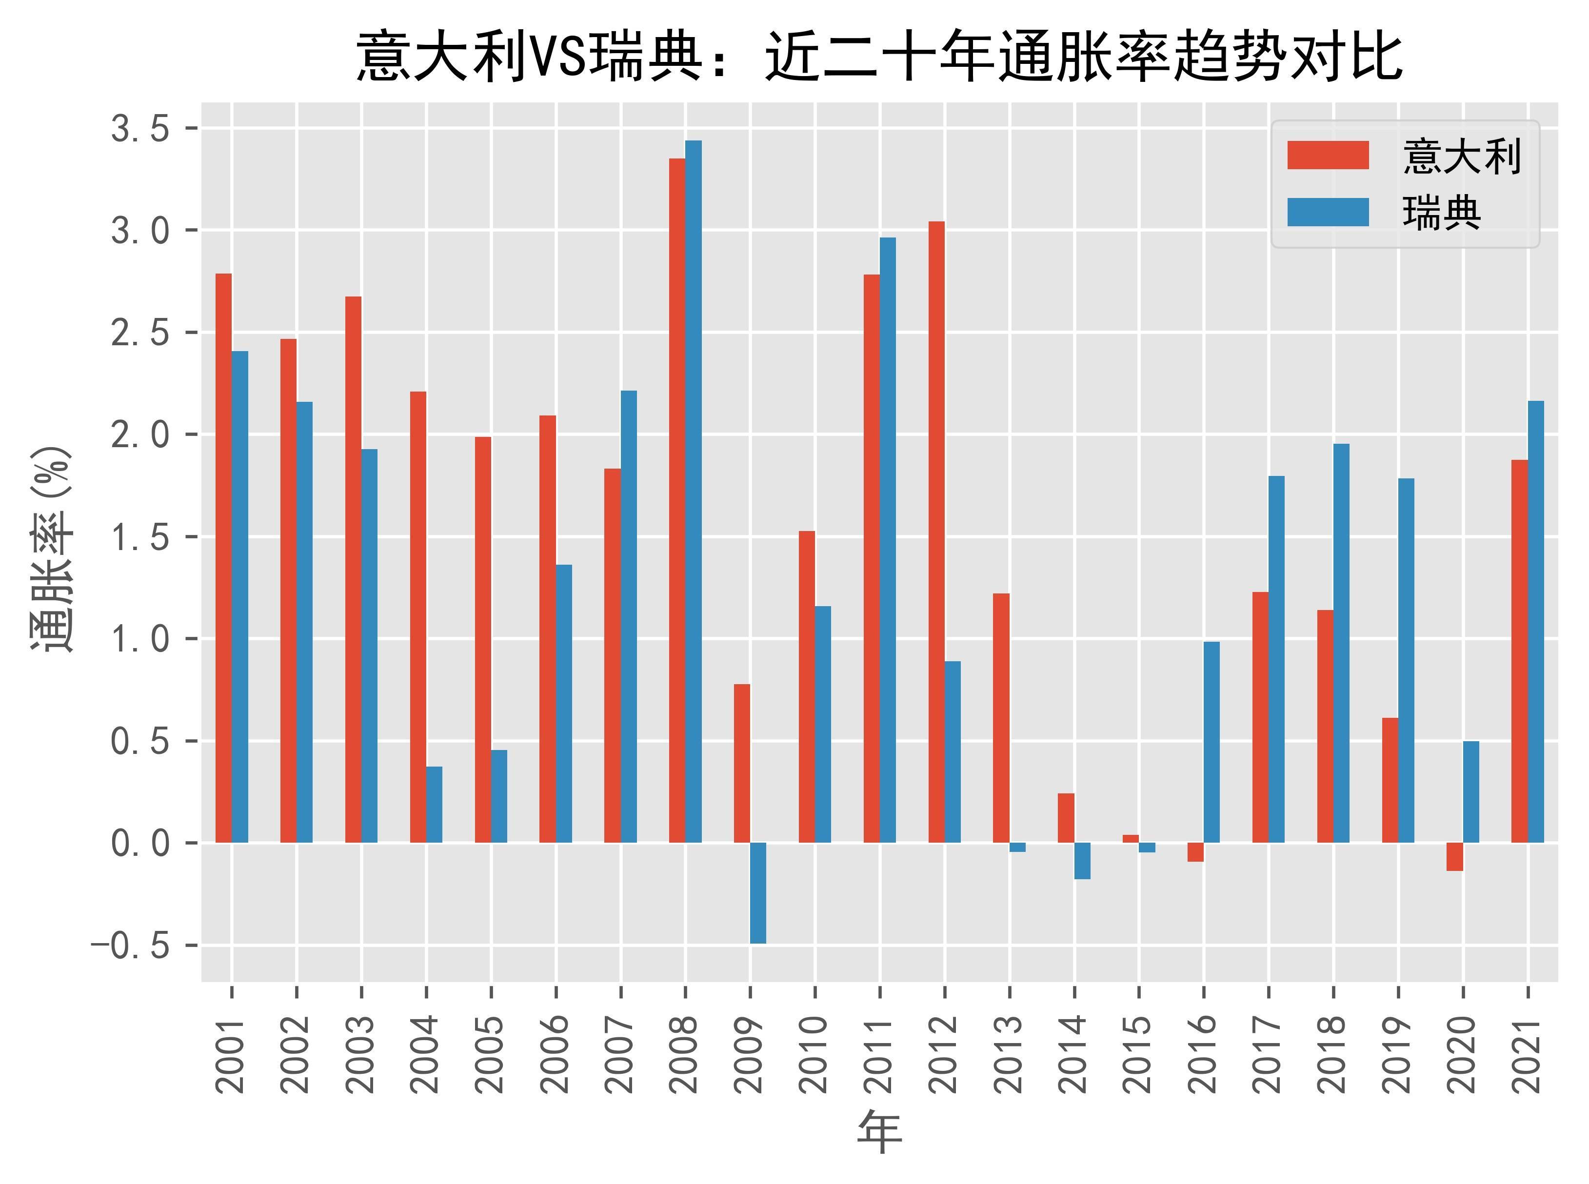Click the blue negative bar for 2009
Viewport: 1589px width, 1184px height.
[758, 893]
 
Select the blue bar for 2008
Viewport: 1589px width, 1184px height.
[693, 491]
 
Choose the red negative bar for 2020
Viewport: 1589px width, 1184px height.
[1454, 856]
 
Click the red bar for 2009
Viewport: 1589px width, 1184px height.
[742, 763]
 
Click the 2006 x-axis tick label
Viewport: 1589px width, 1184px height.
[556, 1054]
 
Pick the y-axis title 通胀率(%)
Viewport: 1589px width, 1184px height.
[52, 548]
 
